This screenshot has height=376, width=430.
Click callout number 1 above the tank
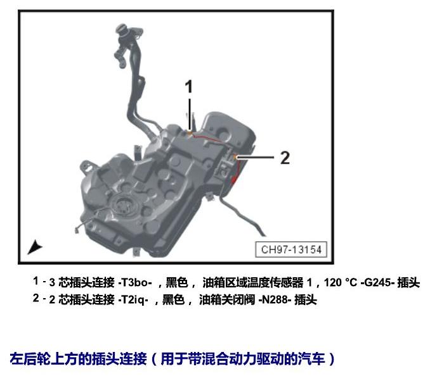tap(188, 87)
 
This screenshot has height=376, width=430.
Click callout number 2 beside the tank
tap(285, 158)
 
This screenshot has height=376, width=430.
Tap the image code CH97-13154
tap(291, 249)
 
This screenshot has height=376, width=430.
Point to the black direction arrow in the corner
tap(34, 247)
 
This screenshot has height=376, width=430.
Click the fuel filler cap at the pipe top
tap(121, 28)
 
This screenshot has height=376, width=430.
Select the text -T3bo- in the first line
tap(134, 282)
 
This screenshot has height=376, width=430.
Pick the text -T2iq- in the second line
tap(133, 299)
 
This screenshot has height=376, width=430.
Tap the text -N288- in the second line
tap(275, 299)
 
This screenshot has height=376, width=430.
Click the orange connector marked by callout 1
tap(190, 134)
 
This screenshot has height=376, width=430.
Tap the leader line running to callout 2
tap(255, 157)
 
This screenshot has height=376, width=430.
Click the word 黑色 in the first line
tap(177, 282)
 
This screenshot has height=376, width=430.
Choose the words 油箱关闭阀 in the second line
tap(227, 299)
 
